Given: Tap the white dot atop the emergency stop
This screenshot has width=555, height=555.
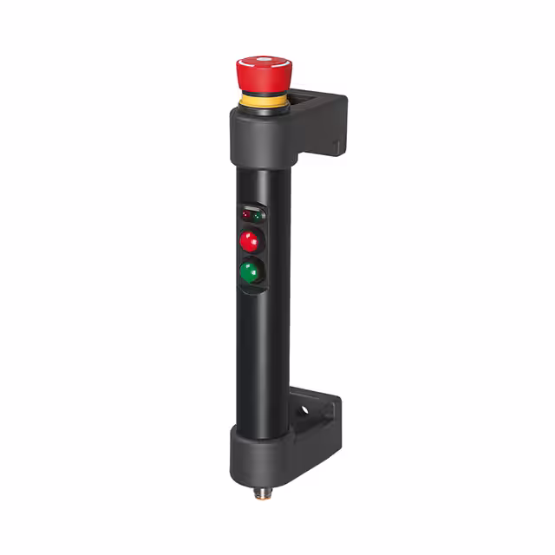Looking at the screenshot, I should (263, 61).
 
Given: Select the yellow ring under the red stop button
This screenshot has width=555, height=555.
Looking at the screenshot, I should (262, 102).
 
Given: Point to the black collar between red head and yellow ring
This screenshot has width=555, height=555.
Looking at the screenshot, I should (262, 93).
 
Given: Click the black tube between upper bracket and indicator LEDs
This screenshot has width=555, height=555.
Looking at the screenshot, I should (260, 182).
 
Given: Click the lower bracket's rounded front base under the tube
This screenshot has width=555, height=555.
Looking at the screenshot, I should (260, 460).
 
